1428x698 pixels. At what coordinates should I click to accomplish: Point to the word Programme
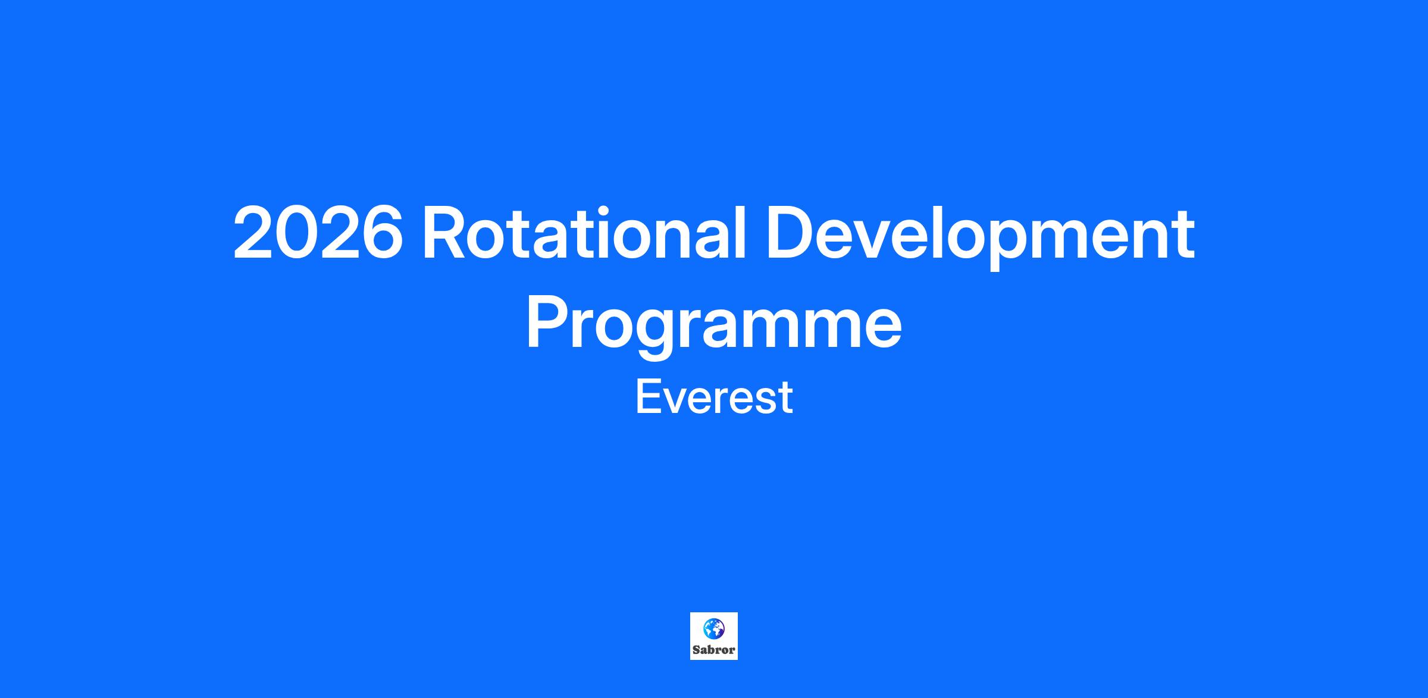[714, 325]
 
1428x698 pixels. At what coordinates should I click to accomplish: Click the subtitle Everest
[714, 397]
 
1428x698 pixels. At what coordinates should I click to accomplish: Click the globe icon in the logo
[714, 628]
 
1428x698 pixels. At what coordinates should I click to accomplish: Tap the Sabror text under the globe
[714, 650]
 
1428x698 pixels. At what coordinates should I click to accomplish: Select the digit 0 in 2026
[296, 233]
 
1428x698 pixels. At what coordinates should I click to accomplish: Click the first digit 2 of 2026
[253, 233]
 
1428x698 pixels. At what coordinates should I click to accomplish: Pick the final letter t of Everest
[786, 399]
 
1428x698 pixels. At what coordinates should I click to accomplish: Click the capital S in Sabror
[696, 650]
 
